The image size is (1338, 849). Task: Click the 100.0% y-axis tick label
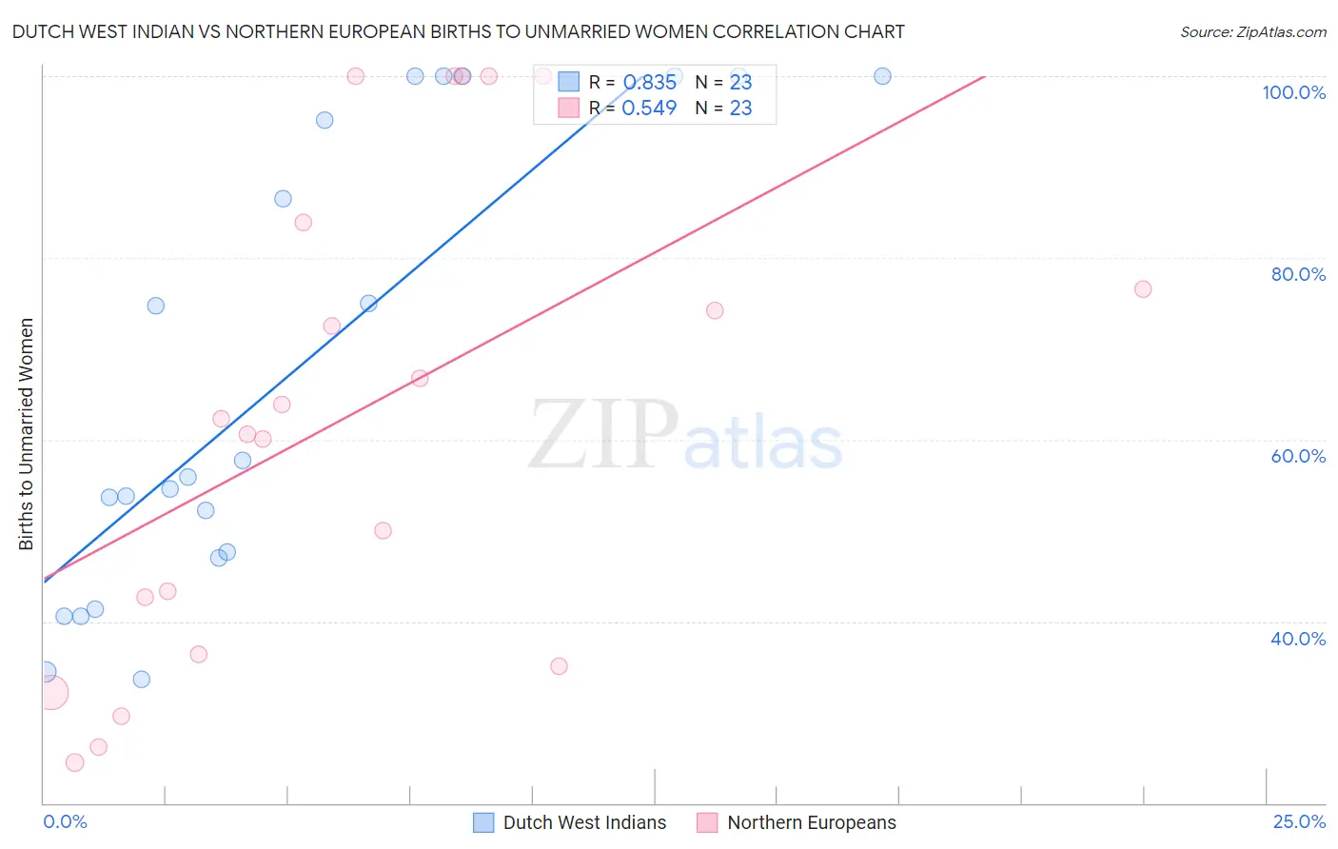point(1293,92)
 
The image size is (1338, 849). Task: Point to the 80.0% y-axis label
point(1298,274)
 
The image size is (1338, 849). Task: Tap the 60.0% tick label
point(1298,456)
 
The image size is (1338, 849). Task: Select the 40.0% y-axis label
point(1298,639)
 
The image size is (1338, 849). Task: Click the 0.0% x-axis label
point(65,821)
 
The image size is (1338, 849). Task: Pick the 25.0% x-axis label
point(1299,821)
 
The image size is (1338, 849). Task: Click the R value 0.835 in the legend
point(649,83)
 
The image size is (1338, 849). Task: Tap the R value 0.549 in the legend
point(649,109)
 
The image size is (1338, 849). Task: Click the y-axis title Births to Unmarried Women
point(27,434)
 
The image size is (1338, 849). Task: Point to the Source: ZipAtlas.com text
point(1252,32)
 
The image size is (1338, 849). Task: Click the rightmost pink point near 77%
point(1143,289)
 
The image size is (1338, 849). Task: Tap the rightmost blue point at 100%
point(882,76)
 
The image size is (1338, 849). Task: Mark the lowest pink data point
point(74,762)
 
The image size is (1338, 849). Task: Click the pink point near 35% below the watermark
point(559,666)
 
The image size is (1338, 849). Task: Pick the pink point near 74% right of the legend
point(715,310)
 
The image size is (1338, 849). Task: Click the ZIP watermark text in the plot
point(603,435)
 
